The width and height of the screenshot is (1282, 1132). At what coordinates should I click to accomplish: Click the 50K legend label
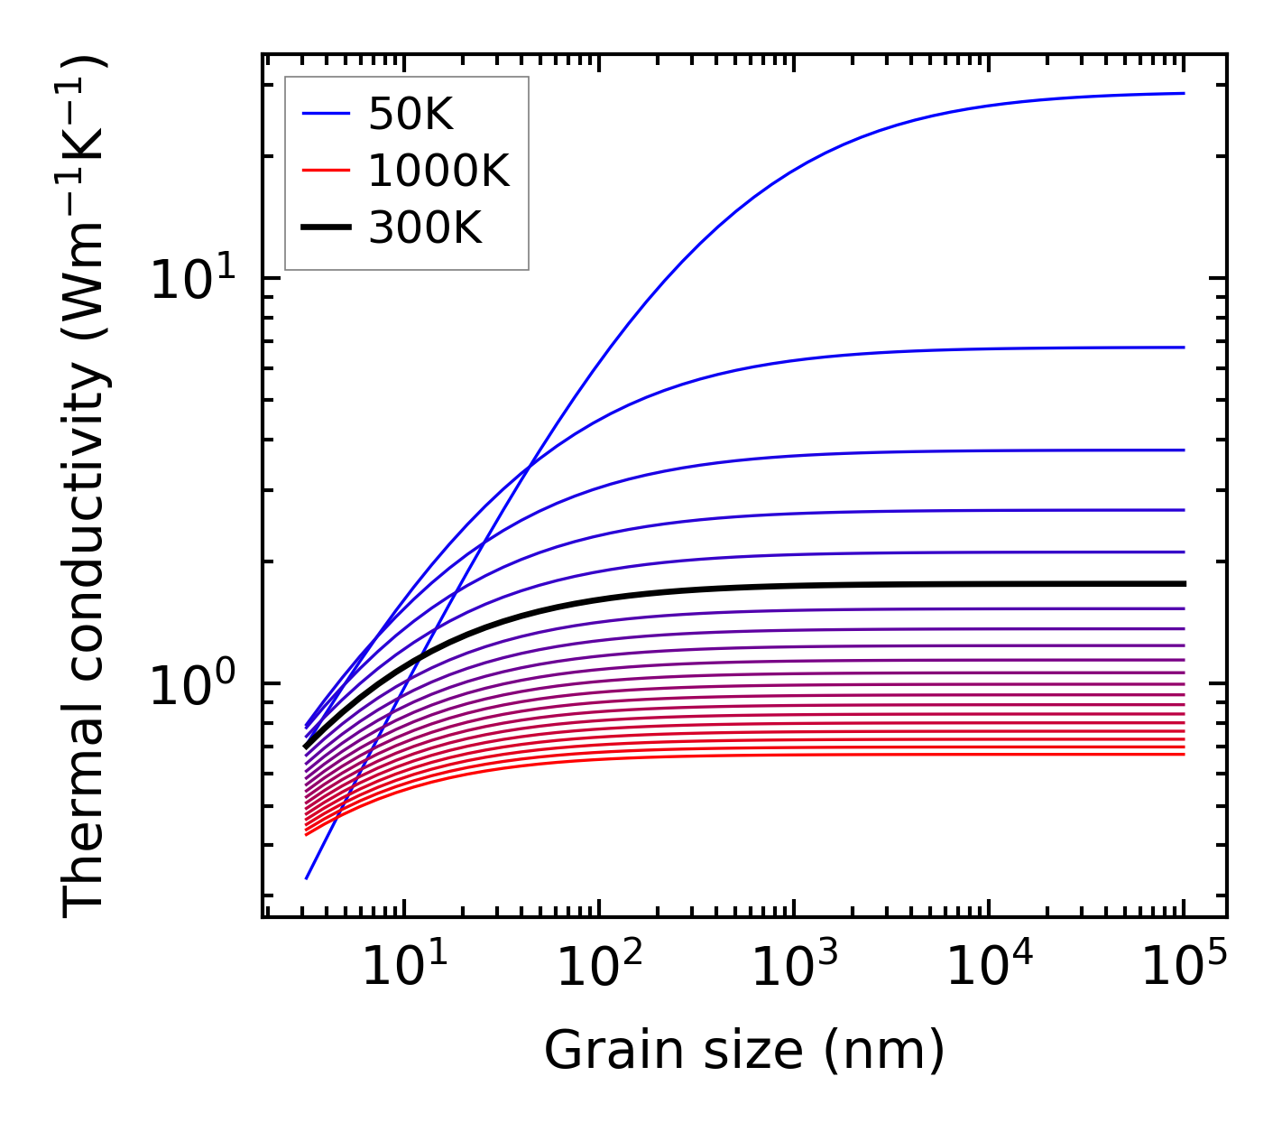point(410,114)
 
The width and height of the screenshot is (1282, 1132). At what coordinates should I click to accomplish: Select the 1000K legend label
point(438,171)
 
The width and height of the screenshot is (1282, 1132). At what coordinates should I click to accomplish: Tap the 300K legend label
point(425,228)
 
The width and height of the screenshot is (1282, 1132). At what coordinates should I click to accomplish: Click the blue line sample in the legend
point(325,114)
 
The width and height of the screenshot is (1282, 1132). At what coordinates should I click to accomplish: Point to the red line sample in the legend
point(325,171)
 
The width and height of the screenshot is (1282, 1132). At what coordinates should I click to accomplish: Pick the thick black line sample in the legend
point(325,228)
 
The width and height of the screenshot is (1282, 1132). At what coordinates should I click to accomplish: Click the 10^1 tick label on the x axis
point(402,969)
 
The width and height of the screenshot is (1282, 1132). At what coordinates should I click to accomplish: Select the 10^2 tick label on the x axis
point(598,969)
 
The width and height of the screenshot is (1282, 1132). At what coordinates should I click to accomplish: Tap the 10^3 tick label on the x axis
point(793,969)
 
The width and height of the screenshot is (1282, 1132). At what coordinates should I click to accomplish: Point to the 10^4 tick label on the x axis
point(988,969)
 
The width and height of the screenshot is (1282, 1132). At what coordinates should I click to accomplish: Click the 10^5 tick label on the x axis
point(1183,969)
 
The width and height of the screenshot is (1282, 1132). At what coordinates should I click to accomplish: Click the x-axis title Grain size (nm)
point(744,1051)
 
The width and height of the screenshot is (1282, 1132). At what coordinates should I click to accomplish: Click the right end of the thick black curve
point(1183,584)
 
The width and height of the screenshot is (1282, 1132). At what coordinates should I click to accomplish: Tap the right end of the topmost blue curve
point(1183,93)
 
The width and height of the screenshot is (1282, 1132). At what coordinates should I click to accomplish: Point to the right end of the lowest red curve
point(1183,754)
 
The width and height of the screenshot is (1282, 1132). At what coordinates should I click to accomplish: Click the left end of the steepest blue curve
point(307,877)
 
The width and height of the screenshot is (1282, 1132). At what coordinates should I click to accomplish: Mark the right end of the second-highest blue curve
point(1183,348)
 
